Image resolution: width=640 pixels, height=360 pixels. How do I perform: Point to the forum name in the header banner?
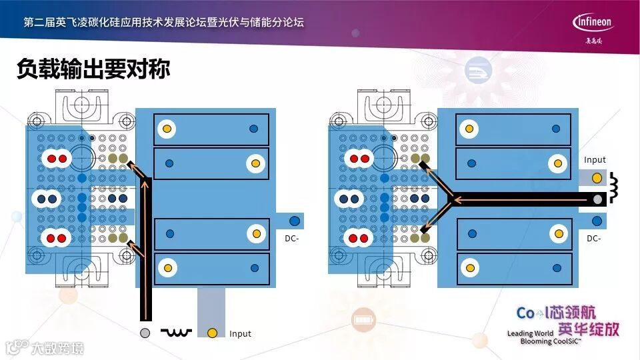pos(163,22)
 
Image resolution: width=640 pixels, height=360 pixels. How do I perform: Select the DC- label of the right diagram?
pos(594,238)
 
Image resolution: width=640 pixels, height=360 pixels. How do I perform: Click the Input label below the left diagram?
pos(240,333)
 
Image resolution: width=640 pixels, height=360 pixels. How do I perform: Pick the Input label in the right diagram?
pos(595,160)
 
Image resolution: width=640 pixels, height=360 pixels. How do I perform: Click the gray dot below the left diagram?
pos(145,332)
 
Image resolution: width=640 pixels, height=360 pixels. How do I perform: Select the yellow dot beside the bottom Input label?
pos(212,332)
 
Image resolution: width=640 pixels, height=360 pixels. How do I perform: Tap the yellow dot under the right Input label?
pos(596,178)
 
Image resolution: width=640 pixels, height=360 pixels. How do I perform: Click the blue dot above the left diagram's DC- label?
pos(293,220)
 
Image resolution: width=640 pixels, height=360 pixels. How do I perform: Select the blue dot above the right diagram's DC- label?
pos(597,221)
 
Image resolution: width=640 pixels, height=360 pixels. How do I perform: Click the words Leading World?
pos(530,333)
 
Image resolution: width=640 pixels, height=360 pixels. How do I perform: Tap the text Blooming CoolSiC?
pos(551,341)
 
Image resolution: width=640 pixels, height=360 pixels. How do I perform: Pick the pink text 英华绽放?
pos(588,329)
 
